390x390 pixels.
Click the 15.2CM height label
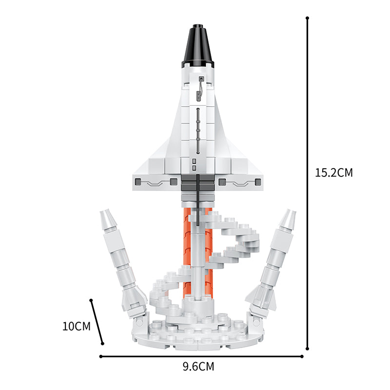334,173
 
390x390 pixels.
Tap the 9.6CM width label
198,367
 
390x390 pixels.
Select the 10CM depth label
77,326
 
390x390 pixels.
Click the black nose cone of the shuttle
198,46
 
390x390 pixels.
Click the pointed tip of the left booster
104,211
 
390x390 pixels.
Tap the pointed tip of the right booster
292,211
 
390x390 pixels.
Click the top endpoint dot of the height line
308,18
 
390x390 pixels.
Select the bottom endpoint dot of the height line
308,349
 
